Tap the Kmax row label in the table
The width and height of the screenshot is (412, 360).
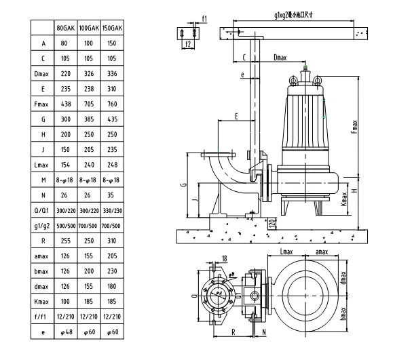[42, 300]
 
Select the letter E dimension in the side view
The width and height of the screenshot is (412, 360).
[236, 117]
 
